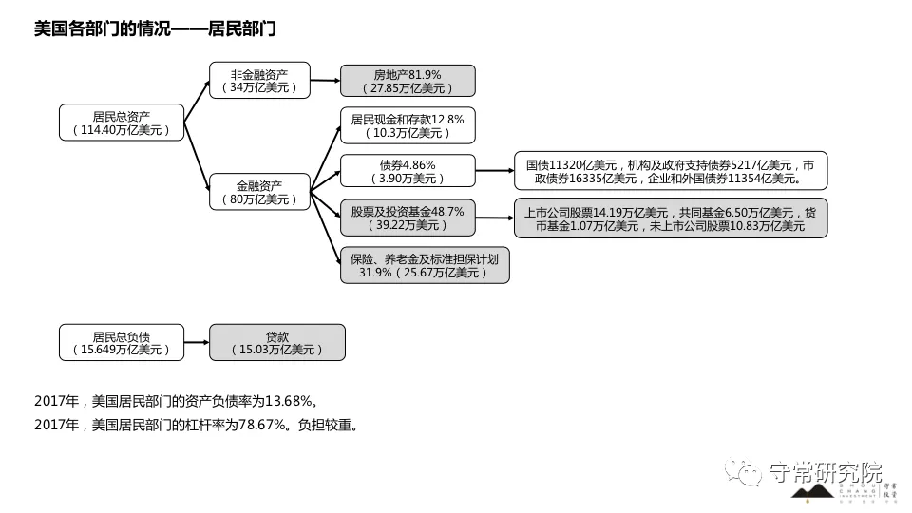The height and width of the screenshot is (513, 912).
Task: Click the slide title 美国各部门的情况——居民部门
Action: tap(155, 29)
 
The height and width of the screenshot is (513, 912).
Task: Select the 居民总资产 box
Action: tap(121, 123)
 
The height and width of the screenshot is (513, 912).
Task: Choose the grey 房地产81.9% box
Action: tap(407, 81)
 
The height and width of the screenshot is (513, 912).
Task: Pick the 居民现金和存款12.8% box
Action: tap(407, 126)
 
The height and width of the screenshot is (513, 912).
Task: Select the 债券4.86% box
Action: tap(407, 171)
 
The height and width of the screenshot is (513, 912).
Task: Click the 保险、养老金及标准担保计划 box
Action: tap(424, 265)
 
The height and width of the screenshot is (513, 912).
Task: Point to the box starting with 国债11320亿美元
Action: tap(670, 171)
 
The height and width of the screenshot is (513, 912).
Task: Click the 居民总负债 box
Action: tap(121, 342)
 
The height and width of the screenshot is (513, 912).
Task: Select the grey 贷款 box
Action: tap(276, 342)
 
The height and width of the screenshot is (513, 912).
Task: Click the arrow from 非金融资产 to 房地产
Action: tap(325, 81)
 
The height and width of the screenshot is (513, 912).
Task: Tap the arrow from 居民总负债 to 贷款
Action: tap(196, 342)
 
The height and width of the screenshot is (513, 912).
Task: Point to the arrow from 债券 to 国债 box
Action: tap(494, 171)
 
